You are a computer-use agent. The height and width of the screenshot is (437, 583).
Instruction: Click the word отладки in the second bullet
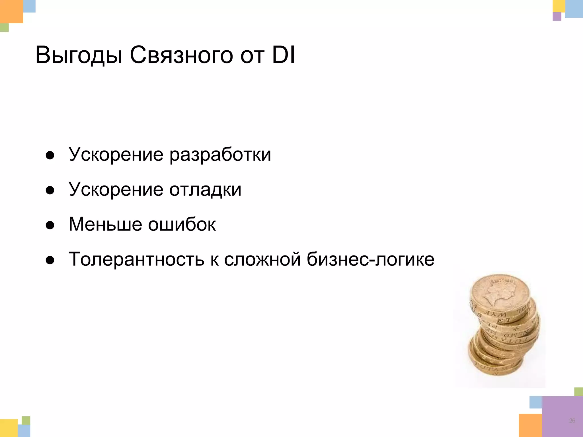coord(205,190)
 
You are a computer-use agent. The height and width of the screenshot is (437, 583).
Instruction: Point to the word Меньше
coord(105,224)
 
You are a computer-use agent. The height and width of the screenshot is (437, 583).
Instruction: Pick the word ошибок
coord(182,224)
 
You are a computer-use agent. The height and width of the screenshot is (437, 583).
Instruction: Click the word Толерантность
coord(136,259)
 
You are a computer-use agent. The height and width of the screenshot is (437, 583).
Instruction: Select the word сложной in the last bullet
coord(262,259)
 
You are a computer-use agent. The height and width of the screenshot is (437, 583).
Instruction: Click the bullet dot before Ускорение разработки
coord(50,156)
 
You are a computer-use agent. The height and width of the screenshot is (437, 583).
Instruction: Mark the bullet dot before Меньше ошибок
coord(50,225)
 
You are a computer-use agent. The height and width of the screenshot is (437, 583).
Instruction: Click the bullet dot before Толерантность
coord(50,260)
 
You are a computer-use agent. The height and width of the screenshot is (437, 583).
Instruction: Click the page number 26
coord(572,420)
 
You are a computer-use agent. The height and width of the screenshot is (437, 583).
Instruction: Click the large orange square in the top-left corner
coord(11,11)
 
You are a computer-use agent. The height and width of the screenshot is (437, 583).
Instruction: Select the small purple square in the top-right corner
coord(557,17)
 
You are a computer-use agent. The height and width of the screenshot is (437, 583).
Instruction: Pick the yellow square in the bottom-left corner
coord(9,428)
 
